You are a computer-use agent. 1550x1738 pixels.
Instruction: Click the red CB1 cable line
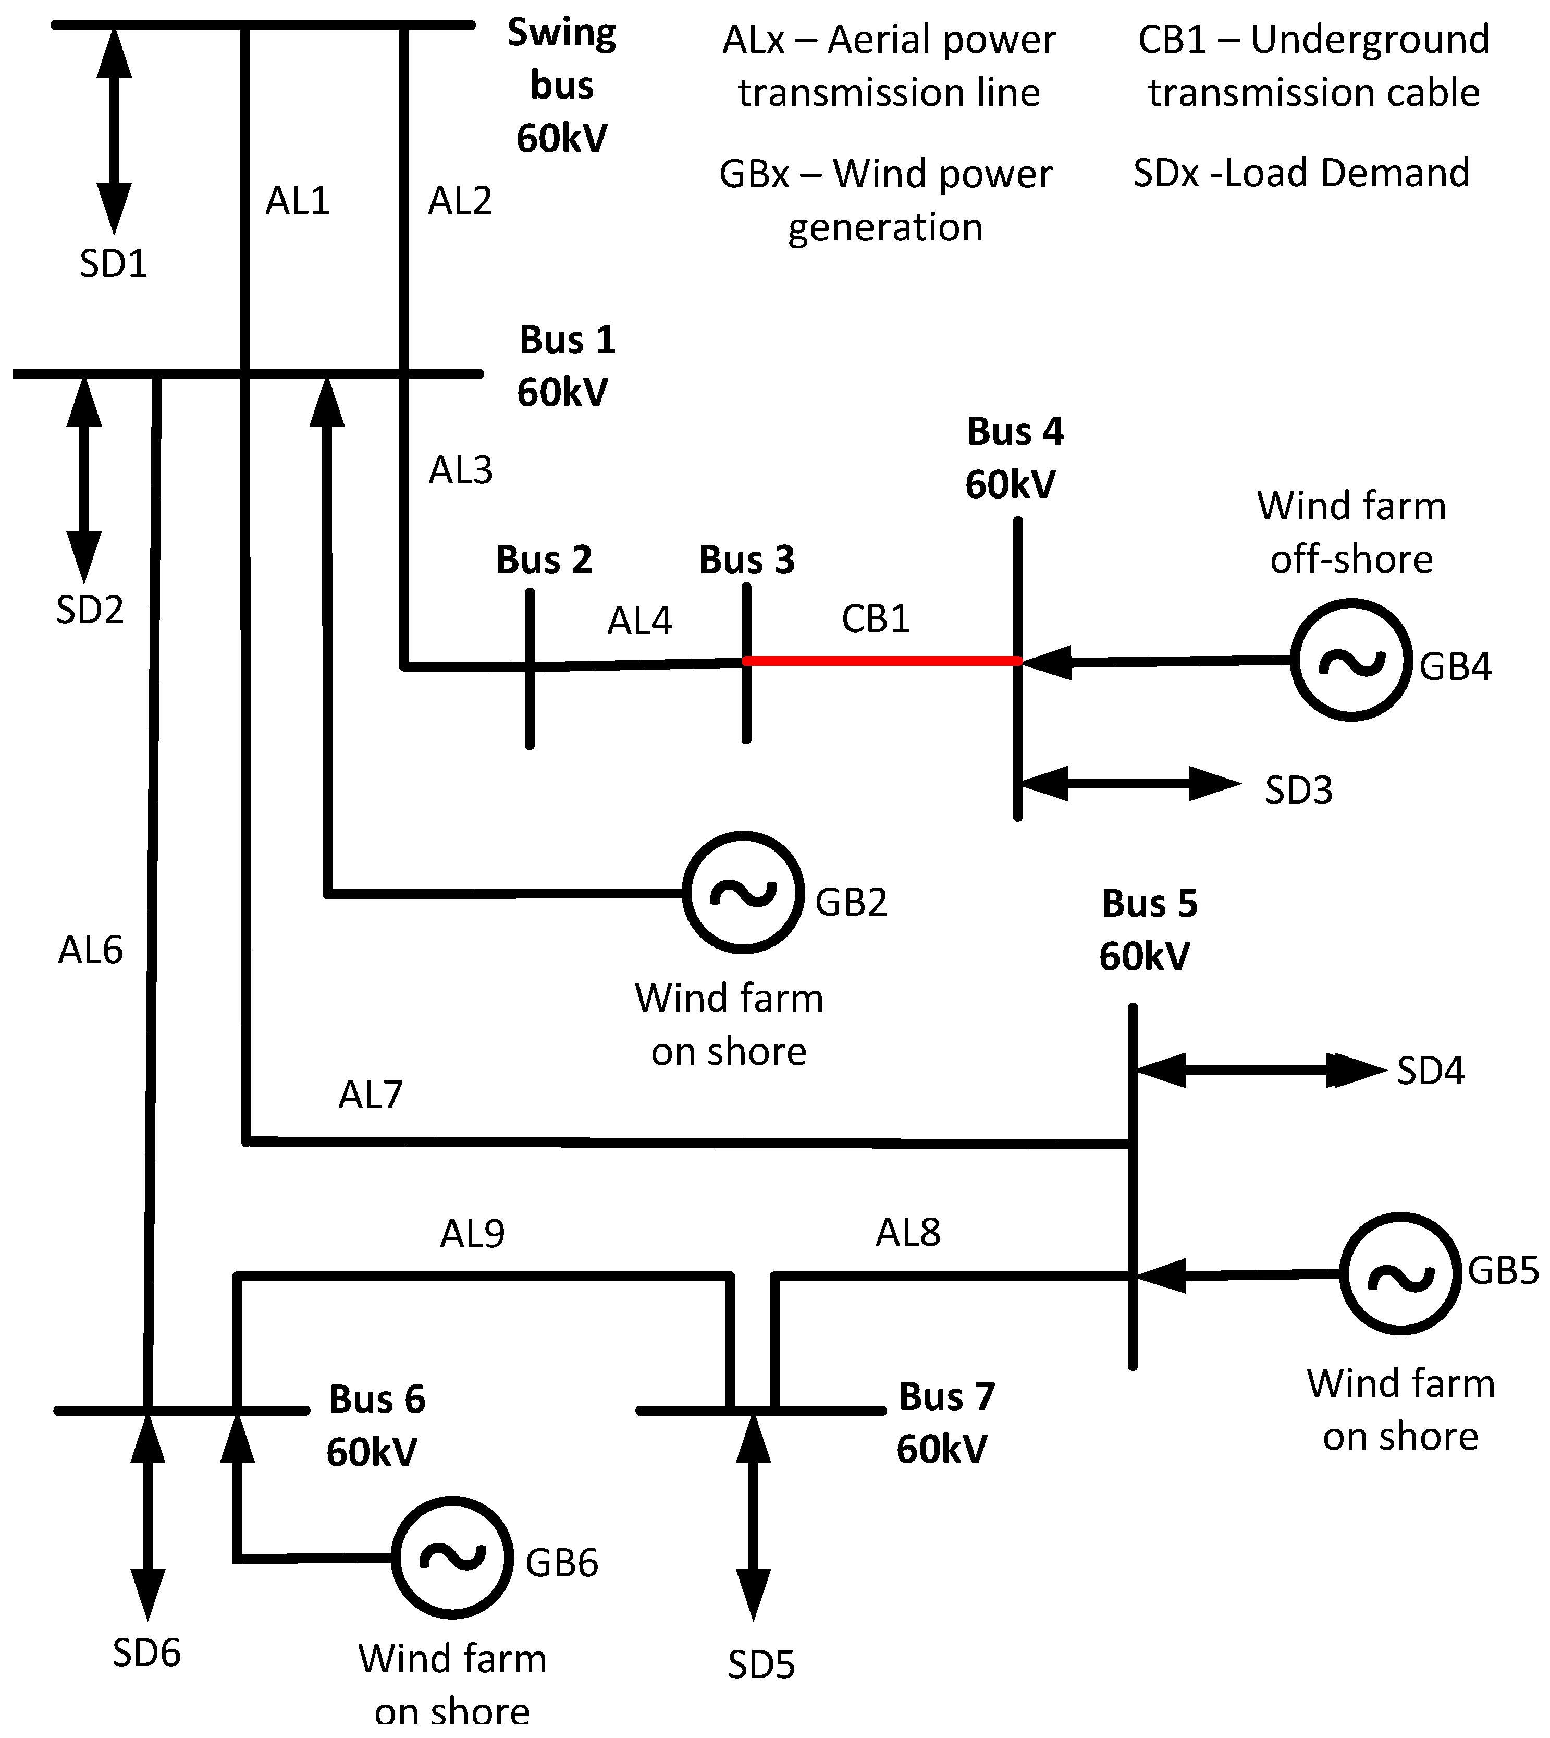[x=882, y=660]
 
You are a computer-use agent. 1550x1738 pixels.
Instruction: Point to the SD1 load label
[x=113, y=263]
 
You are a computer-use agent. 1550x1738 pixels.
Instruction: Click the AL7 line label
[x=371, y=1095]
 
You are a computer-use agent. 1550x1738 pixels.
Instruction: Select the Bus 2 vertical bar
[x=530, y=669]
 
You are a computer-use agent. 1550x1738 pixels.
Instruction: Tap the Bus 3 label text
[x=747, y=560]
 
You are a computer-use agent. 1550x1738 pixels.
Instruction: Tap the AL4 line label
[x=639, y=621]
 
